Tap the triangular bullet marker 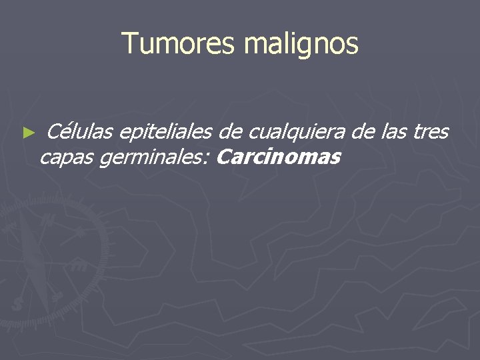coord(27,133)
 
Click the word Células coord(79,132)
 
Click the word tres coord(431,132)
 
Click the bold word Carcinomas coord(279,157)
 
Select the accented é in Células coord(65,132)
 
